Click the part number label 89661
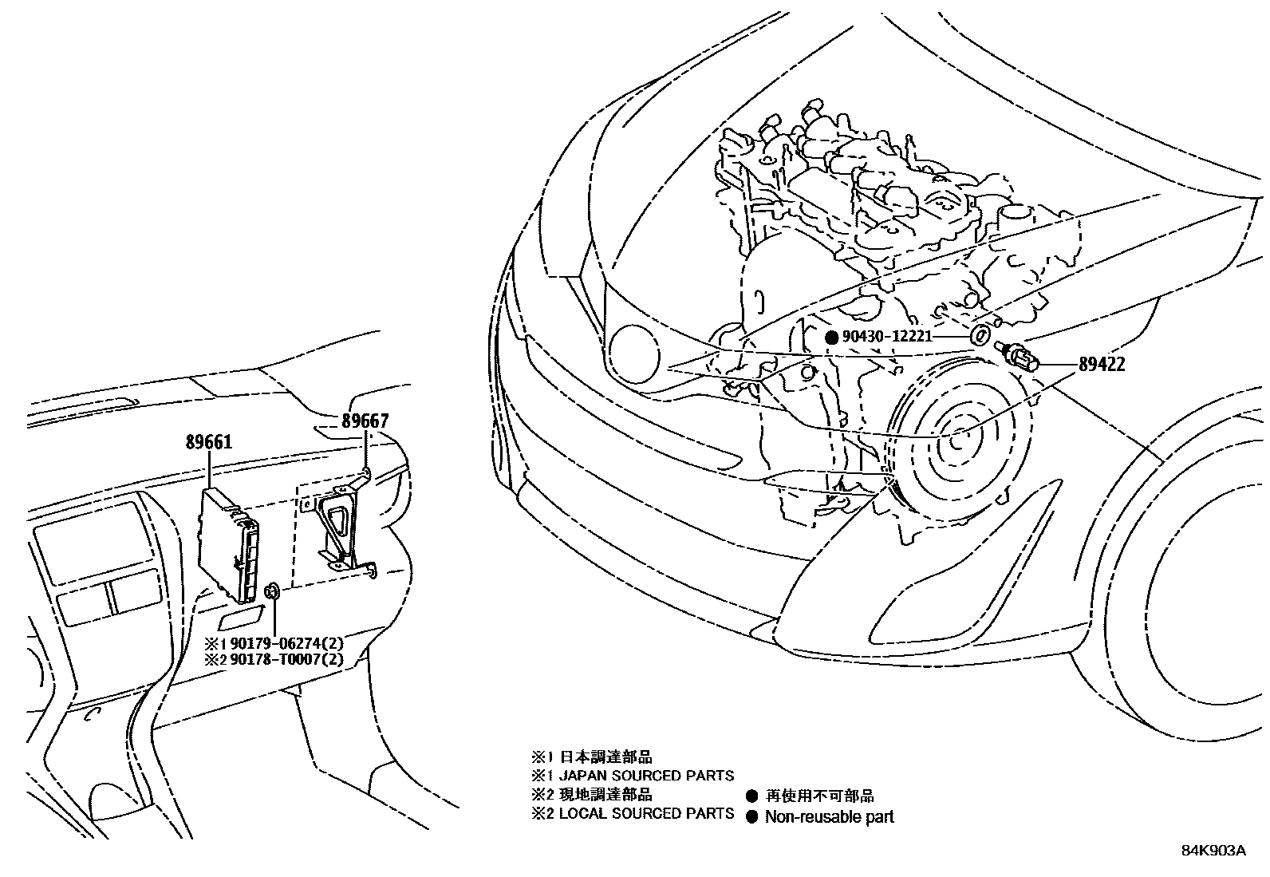coord(209,440)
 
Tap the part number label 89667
coord(365,421)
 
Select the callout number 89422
coord(1102,364)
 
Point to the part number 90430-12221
coord(887,337)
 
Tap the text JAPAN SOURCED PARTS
coord(646,776)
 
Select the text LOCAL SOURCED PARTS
coord(646,814)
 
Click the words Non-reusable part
coord(829,817)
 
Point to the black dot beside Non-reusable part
coord(751,817)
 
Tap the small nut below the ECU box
coord(271,591)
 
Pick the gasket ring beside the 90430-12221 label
coord(984,331)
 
